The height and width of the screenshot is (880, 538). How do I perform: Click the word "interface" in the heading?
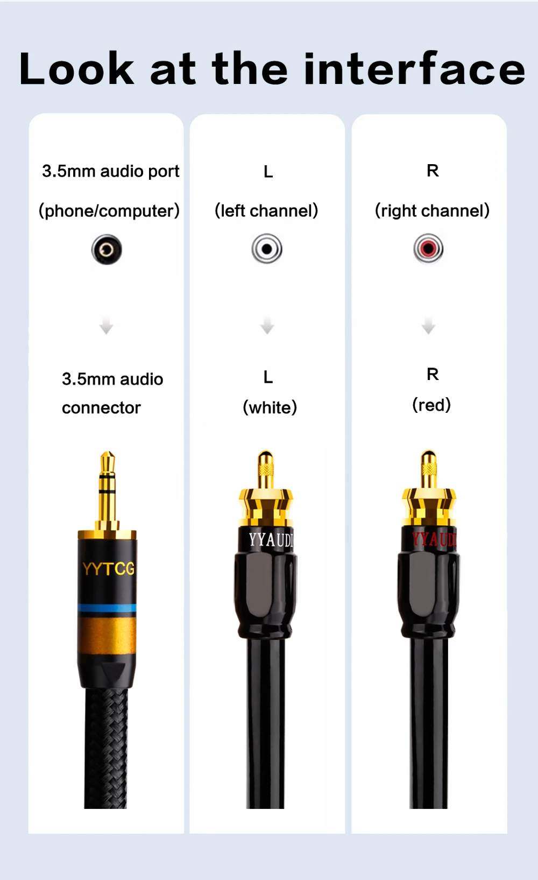[x=414, y=69]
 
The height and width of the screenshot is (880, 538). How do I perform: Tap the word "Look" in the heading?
[x=76, y=69]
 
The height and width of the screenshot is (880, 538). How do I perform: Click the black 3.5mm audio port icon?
[x=107, y=250]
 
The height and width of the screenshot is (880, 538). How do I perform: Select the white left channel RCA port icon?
[x=267, y=249]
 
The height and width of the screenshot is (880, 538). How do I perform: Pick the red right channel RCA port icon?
[x=428, y=249]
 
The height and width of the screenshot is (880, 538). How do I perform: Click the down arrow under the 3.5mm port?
[x=107, y=326]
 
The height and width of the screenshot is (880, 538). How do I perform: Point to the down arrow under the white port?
[x=267, y=326]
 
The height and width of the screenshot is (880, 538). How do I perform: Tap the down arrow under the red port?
[x=428, y=326]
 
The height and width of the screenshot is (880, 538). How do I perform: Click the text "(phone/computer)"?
[x=109, y=210]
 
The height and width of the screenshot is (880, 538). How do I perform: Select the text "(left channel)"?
[x=266, y=210]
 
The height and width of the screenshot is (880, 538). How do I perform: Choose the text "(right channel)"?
[x=432, y=210]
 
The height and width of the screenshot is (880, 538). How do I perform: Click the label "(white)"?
[x=270, y=407]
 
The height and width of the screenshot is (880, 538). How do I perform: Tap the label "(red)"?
[x=431, y=405]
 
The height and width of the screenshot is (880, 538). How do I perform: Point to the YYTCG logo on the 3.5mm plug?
[x=108, y=568]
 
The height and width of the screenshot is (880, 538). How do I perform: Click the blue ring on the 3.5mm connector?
[x=107, y=608]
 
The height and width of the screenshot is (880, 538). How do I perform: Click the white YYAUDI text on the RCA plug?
[x=271, y=539]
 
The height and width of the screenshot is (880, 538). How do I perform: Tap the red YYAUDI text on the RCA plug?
[x=434, y=538]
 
